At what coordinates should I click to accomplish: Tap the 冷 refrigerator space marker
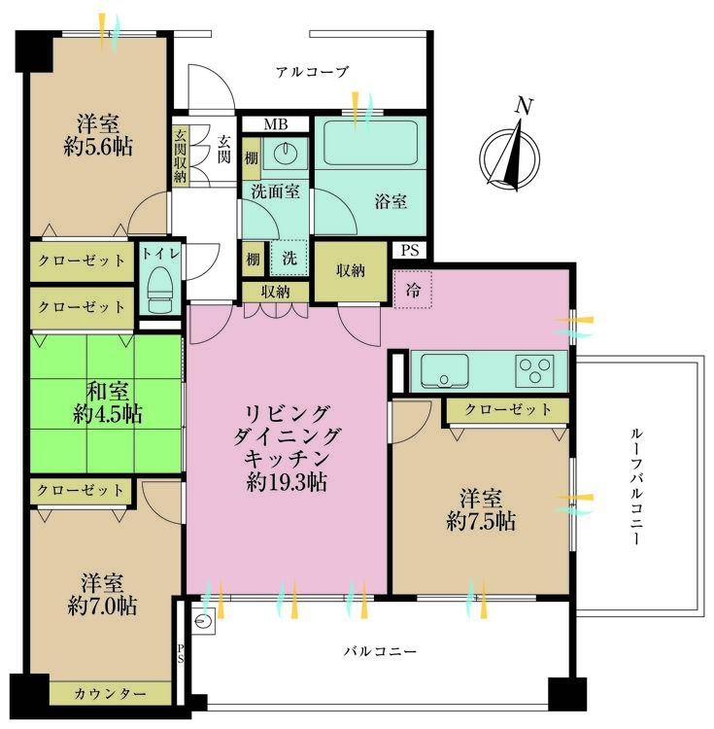[x=411, y=290]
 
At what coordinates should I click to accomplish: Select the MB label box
[x=275, y=123]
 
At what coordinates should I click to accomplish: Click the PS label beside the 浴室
[x=409, y=250]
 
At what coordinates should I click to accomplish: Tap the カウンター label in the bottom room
[x=110, y=693]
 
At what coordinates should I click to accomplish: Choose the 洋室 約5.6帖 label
[x=101, y=135]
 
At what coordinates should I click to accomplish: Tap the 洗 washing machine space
[x=289, y=260]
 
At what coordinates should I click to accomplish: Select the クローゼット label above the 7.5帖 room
[x=507, y=410]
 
